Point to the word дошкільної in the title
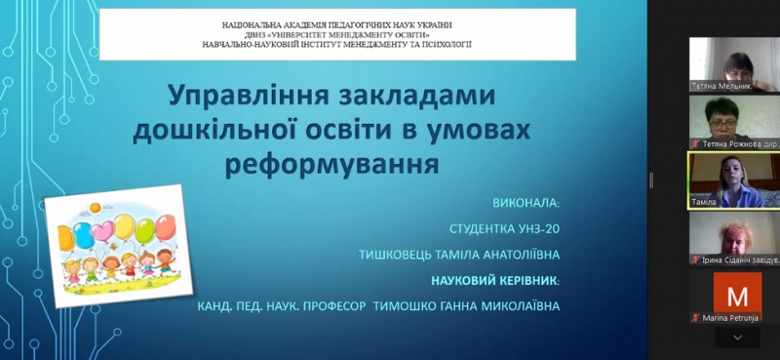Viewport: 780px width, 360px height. [211, 130]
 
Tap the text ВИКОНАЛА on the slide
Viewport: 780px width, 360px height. [526, 205]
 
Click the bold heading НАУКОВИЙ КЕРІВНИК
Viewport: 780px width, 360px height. [496, 282]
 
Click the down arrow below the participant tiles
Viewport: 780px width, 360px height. [737, 337]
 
